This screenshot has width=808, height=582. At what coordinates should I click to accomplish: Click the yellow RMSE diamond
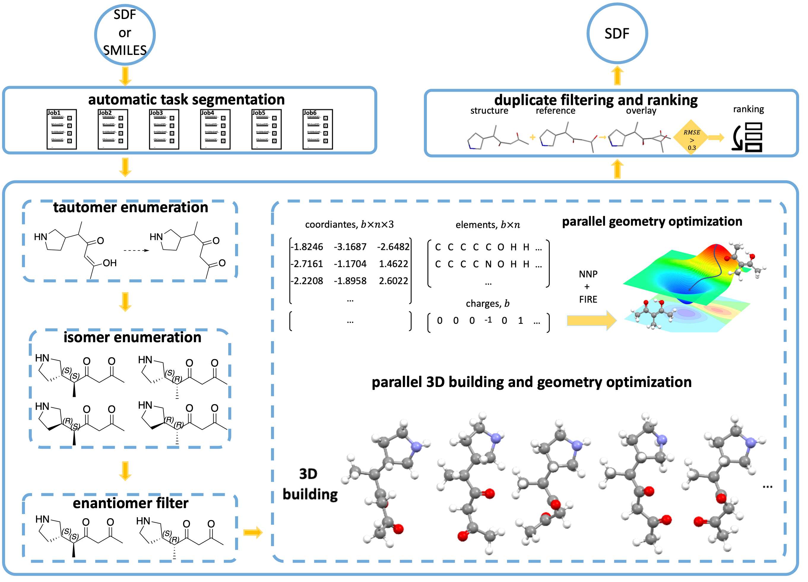coord(691,137)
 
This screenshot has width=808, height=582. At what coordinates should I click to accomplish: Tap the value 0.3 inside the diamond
coord(692,148)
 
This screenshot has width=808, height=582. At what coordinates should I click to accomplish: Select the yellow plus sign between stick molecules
coord(533,137)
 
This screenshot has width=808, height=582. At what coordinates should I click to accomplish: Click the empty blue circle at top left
coord(125,34)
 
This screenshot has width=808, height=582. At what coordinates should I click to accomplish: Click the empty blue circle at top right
coord(617,34)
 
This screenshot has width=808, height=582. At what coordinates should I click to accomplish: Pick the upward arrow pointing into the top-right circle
coord(617,75)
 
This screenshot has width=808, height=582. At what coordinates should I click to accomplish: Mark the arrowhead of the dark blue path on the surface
coord(690,290)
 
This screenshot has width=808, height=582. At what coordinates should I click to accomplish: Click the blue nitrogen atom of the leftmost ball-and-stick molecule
coord(415,446)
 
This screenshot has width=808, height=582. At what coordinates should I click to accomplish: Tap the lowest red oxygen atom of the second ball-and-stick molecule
coord(463,535)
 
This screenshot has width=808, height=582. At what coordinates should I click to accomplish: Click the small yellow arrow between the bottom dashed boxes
coord(253,532)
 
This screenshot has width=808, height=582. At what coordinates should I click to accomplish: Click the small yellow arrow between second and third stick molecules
coord(602,137)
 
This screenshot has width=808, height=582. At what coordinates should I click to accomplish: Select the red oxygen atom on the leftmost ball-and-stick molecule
coord(398,529)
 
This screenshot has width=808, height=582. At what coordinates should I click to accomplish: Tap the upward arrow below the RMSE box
coord(617,169)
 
